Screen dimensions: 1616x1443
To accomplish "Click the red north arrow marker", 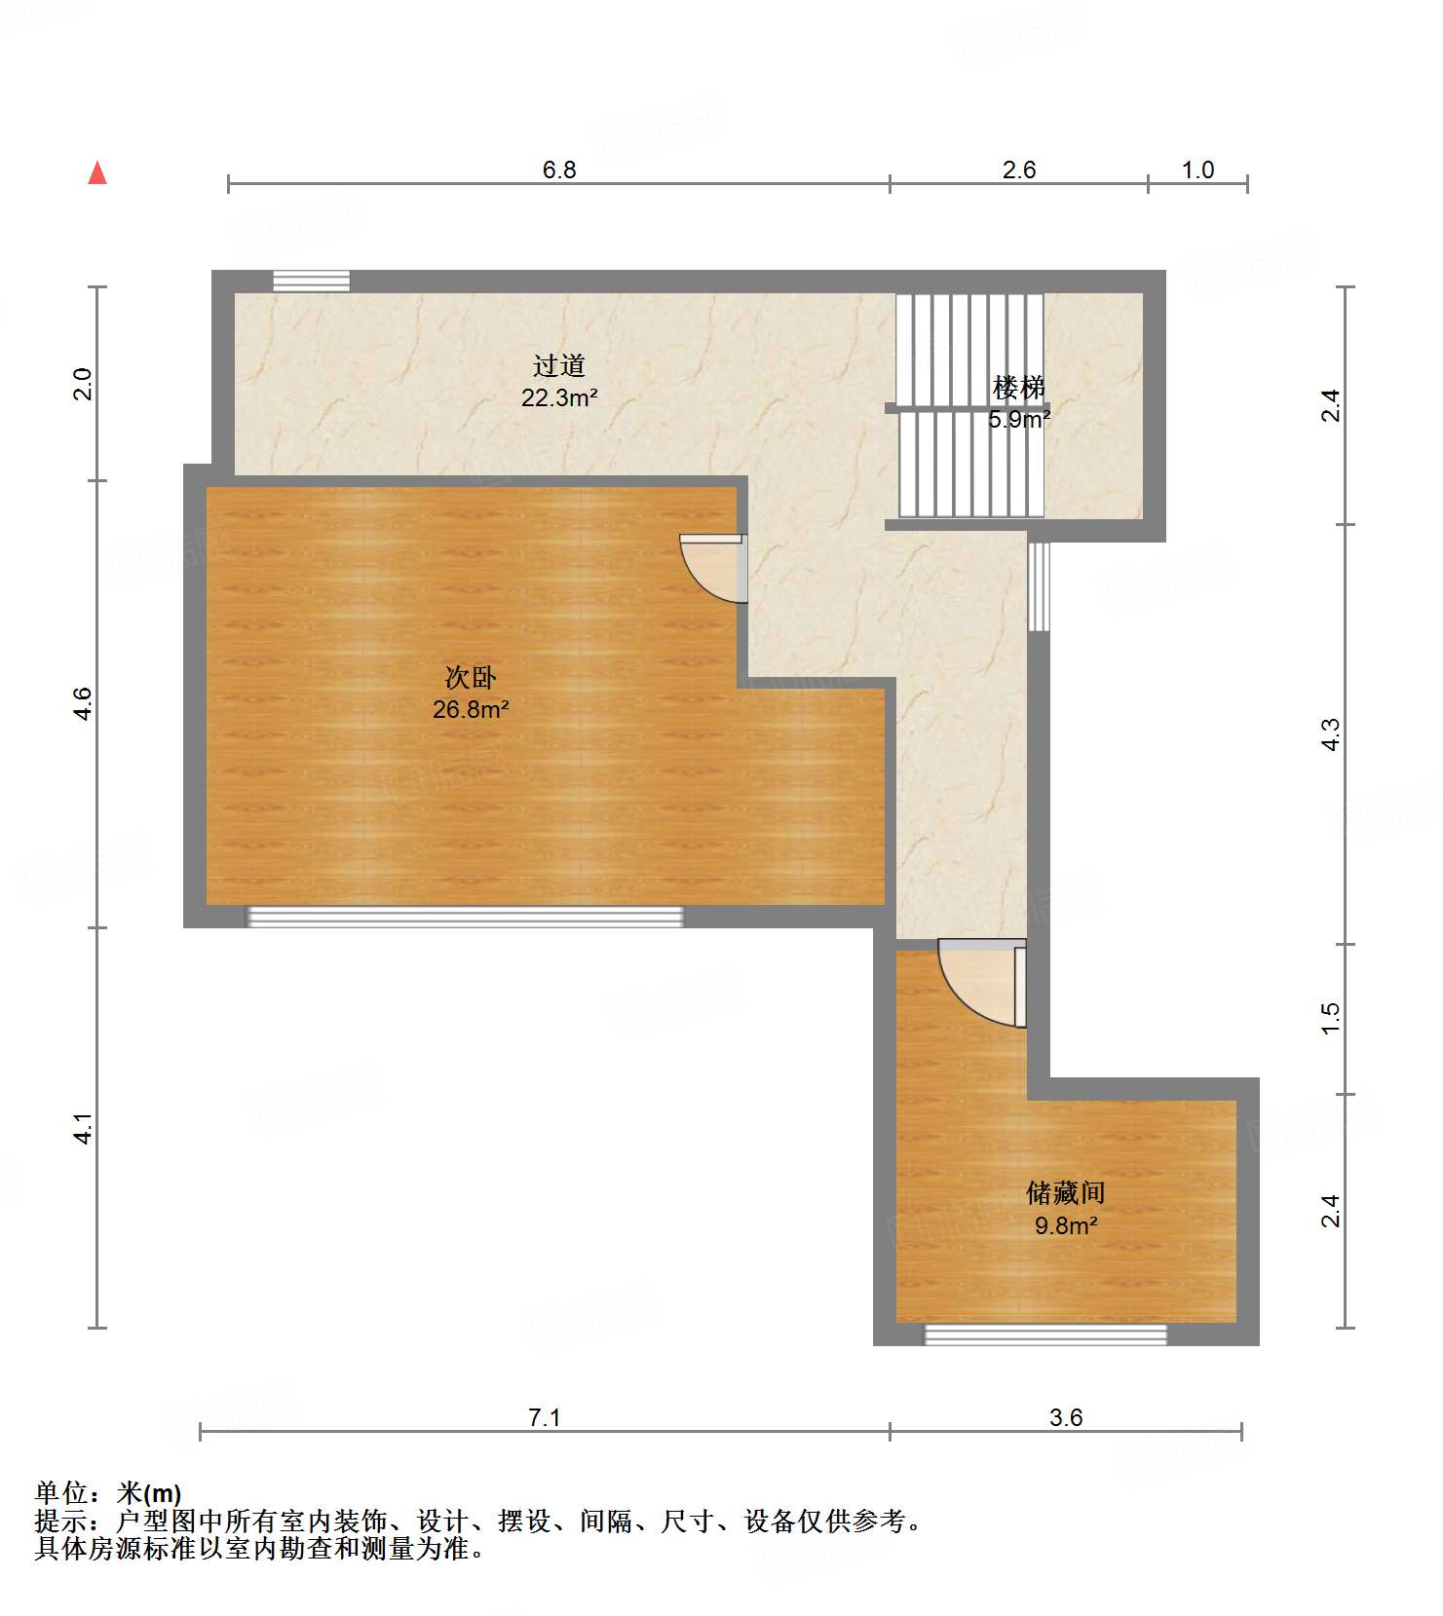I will [x=97, y=173].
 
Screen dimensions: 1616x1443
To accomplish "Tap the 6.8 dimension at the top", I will [x=559, y=170].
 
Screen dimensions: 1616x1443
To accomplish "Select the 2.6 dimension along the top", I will [x=1019, y=170].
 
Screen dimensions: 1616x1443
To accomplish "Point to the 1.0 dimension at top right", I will [x=1197, y=170].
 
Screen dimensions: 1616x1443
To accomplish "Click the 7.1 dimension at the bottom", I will [x=545, y=1417].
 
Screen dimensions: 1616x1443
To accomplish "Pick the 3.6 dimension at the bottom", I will [x=1066, y=1417].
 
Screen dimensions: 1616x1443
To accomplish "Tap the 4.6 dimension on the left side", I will [x=84, y=703].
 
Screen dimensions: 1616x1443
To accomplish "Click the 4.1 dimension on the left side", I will [x=84, y=1128].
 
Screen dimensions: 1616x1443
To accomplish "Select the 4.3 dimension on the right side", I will [x=1331, y=733].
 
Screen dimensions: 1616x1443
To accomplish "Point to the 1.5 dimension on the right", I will [x=1331, y=1018].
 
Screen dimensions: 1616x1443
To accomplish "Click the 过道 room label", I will [x=559, y=366].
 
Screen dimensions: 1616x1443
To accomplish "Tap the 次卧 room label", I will [x=471, y=677].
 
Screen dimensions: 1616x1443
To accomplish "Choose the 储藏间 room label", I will [x=1066, y=1193].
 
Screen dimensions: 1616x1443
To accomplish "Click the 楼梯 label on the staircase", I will [x=1018, y=388].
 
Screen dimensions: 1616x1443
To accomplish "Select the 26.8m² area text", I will [x=471, y=709].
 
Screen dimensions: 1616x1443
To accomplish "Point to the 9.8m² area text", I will [x=1066, y=1225].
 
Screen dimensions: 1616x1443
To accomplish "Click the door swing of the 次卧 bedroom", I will [x=711, y=567].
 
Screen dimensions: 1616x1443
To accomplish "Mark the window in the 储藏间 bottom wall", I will [x=1044, y=1334].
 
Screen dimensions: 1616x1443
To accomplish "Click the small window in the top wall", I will [x=311, y=281].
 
